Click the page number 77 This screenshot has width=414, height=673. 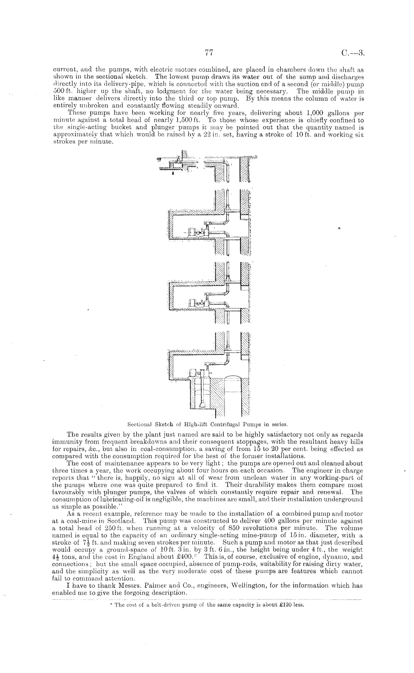pos(208,53)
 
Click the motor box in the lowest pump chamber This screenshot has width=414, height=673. pos(192,373)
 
